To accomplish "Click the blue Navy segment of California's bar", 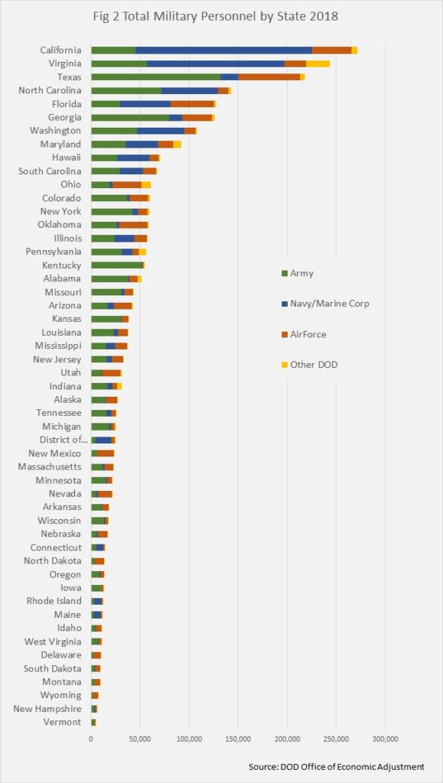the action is [223, 50].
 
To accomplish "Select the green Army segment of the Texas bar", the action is [156, 77].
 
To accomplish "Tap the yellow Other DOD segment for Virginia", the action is [318, 63].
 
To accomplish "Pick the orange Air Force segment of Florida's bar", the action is [192, 104].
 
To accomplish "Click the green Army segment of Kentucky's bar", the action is [117, 265].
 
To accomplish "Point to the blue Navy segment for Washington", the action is [161, 131].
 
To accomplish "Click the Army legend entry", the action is [298, 273].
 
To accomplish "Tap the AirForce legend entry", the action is [305, 334].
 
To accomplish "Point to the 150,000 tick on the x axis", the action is [238, 739].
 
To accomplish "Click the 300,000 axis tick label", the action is [385, 739].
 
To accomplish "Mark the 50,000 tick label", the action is [140, 739].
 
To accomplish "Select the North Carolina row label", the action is [50, 90].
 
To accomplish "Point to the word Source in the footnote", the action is [264, 766].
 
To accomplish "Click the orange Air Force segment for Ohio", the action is [127, 185].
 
